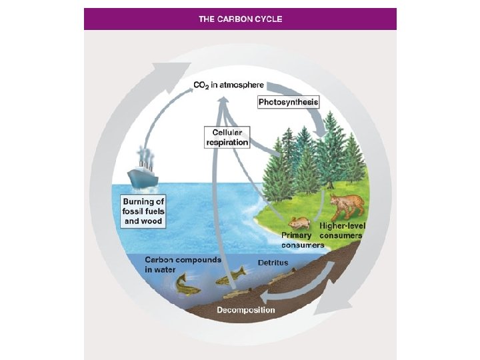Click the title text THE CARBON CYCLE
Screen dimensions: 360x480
coord(240,19)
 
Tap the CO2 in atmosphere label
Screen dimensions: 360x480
coord(229,85)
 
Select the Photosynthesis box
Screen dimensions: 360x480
coord(288,102)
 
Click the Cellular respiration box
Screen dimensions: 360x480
coord(226,137)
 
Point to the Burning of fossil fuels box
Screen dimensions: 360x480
coord(143,211)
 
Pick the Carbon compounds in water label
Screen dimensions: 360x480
coord(182,264)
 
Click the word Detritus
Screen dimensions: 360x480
coord(273,263)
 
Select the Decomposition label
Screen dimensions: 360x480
coord(245,310)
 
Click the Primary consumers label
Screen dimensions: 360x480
coord(303,239)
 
